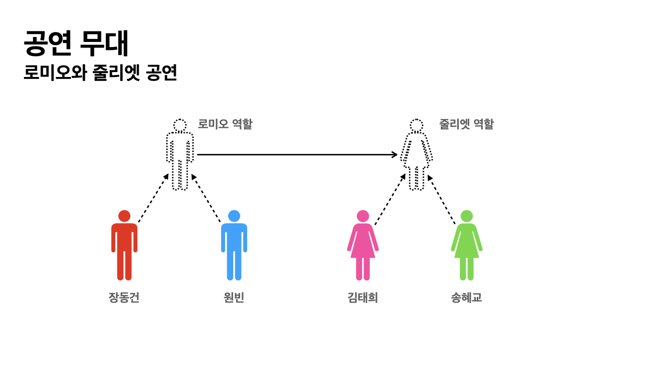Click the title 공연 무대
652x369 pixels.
click(76, 43)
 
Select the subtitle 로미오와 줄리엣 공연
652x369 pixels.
click(100, 73)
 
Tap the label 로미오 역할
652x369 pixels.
click(225, 124)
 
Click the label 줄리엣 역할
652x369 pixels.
click(466, 124)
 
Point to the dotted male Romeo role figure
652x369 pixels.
click(180, 155)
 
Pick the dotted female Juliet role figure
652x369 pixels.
click(416, 155)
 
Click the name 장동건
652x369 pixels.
click(124, 297)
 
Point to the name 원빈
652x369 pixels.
click(234, 297)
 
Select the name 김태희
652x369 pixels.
click(362, 297)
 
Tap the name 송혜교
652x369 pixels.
click(466, 297)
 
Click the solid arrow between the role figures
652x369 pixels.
click(297, 154)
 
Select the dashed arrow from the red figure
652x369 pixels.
click(153, 198)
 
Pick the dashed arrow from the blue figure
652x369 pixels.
click(206, 198)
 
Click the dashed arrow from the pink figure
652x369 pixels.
click(390, 199)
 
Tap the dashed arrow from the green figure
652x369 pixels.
click(442, 199)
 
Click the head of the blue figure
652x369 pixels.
click(234, 216)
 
